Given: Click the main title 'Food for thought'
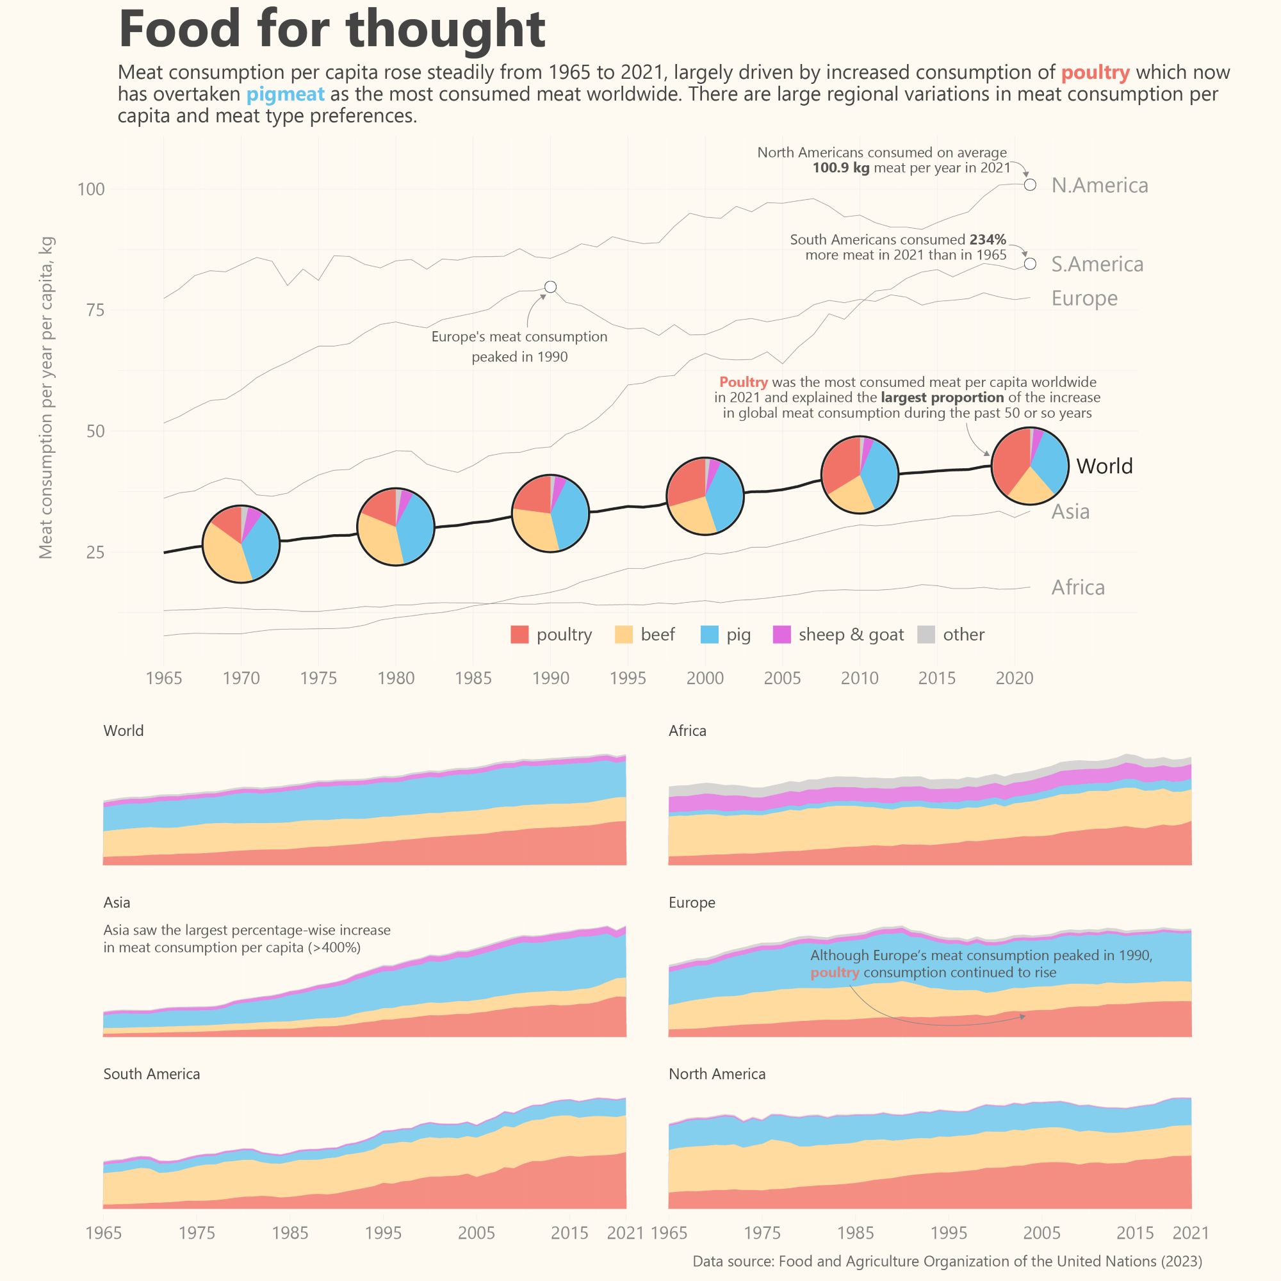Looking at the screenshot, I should click(332, 30).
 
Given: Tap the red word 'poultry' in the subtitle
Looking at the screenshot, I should click(1095, 72).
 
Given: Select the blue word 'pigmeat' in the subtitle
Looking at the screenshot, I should click(285, 94).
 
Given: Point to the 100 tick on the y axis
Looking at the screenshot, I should click(92, 190).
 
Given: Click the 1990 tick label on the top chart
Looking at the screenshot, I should click(550, 678).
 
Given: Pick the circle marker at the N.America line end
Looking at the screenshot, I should click(1030, 185).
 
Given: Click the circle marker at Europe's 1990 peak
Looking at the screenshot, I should click(550, 287).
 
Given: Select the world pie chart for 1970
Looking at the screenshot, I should click(241, 544).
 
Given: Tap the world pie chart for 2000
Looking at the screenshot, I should click(705, 496).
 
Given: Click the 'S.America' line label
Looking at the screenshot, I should click(1097, 265).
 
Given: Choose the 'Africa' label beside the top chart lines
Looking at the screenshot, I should click(1077, 587).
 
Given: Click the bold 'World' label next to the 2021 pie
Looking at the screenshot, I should click(1104, 466).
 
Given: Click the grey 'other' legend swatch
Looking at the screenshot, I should click(926, 635).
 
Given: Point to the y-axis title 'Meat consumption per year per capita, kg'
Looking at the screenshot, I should click(45, 398).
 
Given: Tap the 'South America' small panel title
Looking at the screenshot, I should click(151, 1073).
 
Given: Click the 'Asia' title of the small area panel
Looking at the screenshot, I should click(117, 902).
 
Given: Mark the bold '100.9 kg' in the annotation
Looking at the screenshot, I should click(840, 168).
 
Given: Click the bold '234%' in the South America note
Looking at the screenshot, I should click(987, 240).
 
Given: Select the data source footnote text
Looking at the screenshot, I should click(947, 1261).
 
